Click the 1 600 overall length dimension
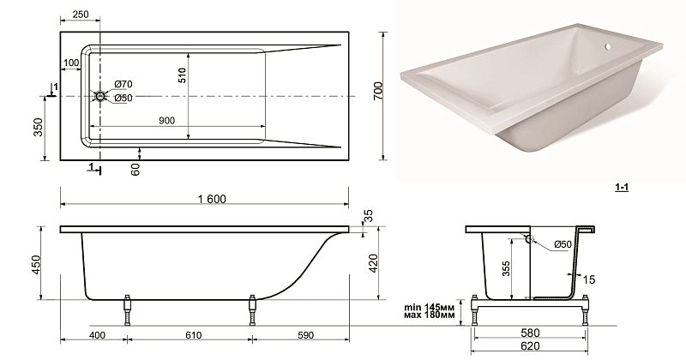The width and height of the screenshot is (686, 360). pyautogui.click(x=212, y=199)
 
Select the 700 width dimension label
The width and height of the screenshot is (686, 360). pyautogui.click(x=378, y=91)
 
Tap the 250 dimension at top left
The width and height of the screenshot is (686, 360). pyautogui.click(x=81, y=14)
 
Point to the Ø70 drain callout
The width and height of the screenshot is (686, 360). pyautogui.click(x=123, y=84)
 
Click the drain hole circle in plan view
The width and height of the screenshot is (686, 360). pyautogui.click(x=100, y=96)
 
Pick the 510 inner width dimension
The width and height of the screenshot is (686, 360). pyautogui.click(x=182, y=75)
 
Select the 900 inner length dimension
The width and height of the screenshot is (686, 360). pyautogui.click(x=166, y=121)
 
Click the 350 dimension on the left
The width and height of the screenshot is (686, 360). pyautogui.click(x=39, y=127)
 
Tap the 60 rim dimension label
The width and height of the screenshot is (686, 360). pyautogui.click(x=135, y=169)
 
